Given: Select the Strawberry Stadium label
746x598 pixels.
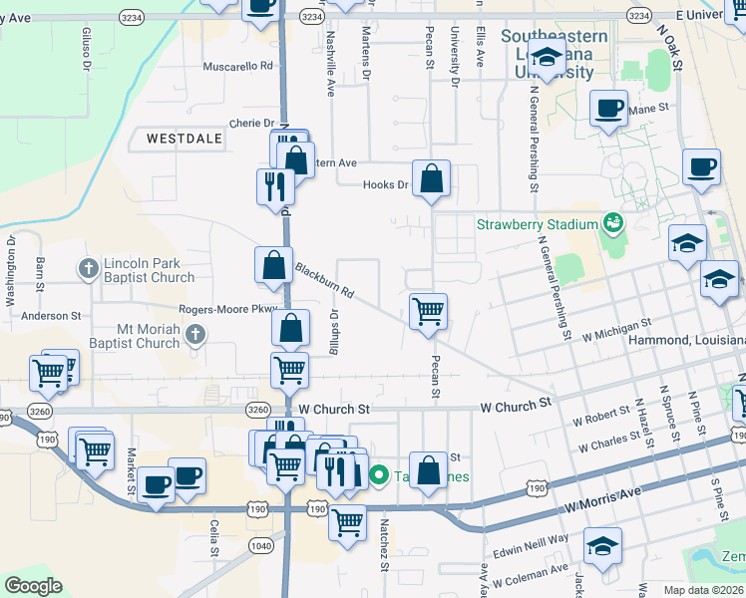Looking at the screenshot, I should tap(537, 223).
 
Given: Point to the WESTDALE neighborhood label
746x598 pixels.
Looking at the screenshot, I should tap(185, 139).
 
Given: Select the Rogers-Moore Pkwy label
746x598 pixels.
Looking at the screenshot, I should tap(226, 310).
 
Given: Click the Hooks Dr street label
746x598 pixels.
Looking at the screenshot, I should tap(386, 184).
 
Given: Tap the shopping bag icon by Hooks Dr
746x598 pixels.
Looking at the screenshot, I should tap(432, 179).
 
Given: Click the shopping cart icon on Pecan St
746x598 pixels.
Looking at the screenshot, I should tap(428, 310).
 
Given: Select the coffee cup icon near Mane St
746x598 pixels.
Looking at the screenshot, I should tap(607, 109).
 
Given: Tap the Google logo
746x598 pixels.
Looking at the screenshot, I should tap(34, 586).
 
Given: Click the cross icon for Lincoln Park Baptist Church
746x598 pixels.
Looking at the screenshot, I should tap(89, 269).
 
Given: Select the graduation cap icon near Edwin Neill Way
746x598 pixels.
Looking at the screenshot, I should tap(602, 546).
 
